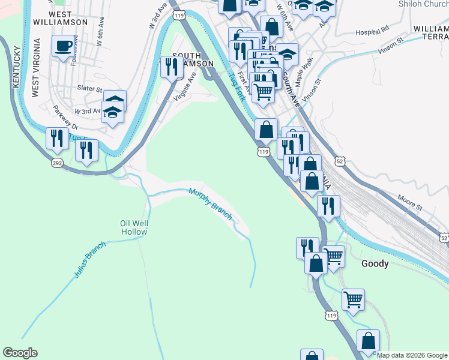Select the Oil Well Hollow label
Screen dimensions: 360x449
pyautogui.click(x=134, y=227)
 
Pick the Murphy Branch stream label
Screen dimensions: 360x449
pyautogui.click(x=211, y=205)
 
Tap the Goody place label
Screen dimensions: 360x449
pyautogui.click(x=375, y=263)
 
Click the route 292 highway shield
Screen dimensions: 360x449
pyautogui.click(x=57, y=163)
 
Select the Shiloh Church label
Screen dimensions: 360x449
pyautogui.click(x=423, y=4)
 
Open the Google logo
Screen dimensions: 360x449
pyautogui.click(x=20, y=353)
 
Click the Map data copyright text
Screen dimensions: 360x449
pyautogui.click(x=412, y=355)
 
